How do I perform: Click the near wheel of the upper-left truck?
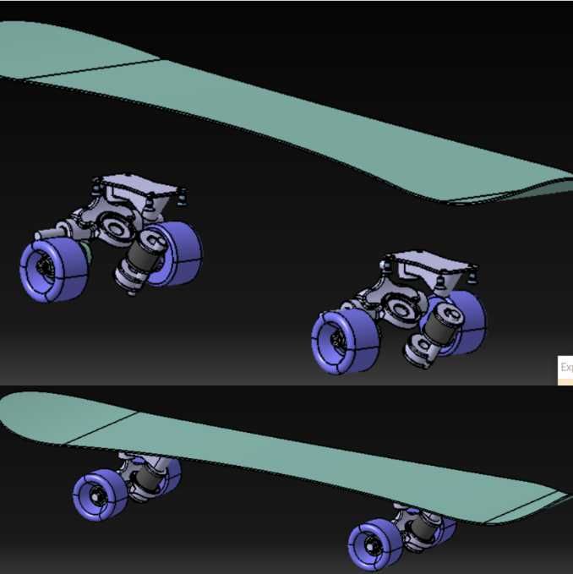(x=53, y=268)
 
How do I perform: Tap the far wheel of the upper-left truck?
(x=180, y=252)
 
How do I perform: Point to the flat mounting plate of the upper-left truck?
(x=140, y=188)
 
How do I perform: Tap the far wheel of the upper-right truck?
(x=467, y=320)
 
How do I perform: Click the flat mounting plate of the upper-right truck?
(x=429, y=263)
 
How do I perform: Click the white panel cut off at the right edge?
(x=565, y=369)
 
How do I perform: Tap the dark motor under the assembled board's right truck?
(x=423, y=528)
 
